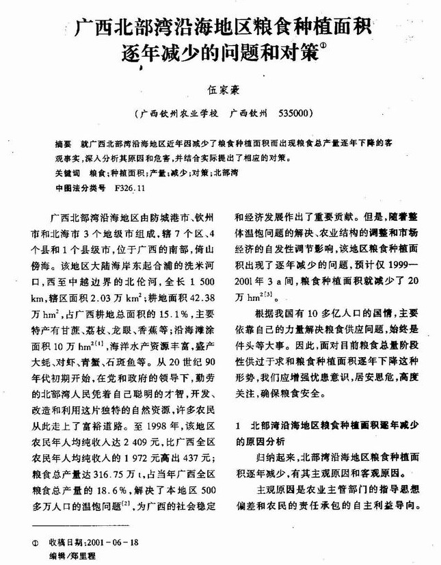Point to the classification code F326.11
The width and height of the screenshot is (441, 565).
(x=131, y=187)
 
